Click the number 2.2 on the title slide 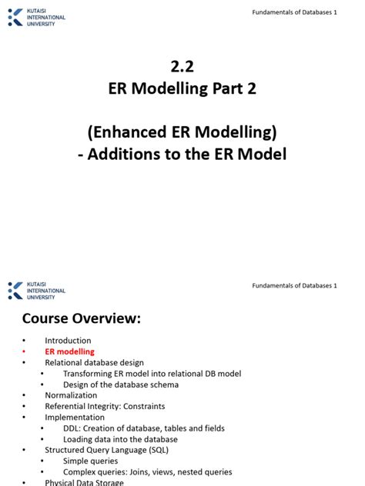point(182,67)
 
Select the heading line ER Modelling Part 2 point(182,89)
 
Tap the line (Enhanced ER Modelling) point(182,131)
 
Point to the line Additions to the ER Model point(182,154)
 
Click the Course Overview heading point(81,318)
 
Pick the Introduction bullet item point(68,341)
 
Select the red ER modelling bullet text point(69,351)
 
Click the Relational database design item point(95,362)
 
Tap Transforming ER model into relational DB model point(152,374)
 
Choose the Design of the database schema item point(121,384)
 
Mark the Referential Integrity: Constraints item point(105,406)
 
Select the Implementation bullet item point(75,418)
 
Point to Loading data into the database point(120,439)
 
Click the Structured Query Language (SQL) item point(106,450)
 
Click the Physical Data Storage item point(85,483)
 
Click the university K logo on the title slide point(15,17)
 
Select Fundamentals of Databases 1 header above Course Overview point(295,285)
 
